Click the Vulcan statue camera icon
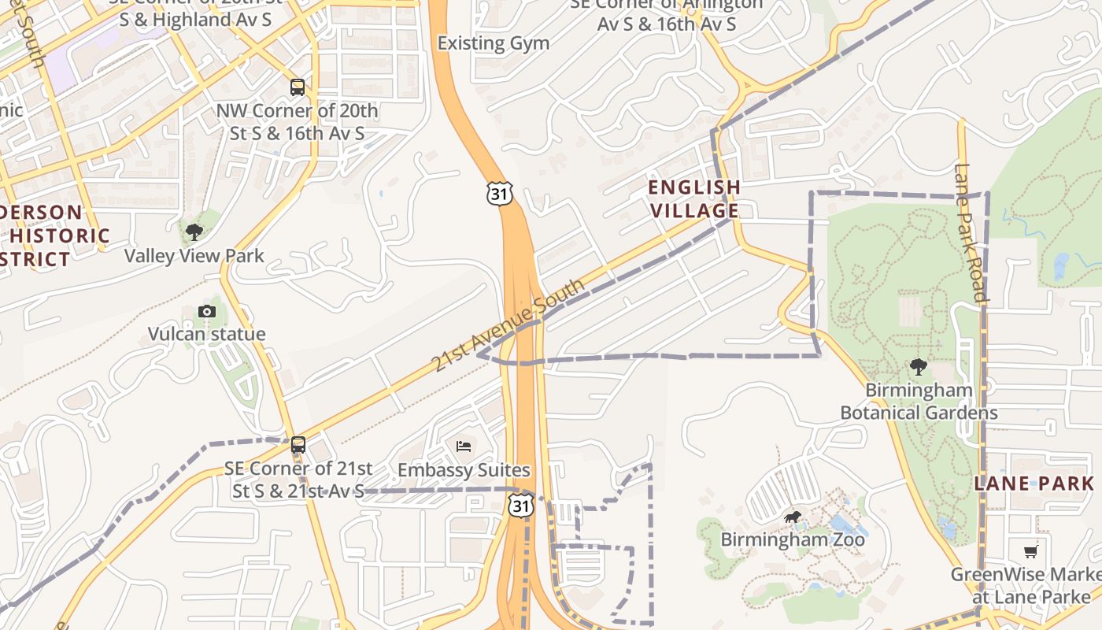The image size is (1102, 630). pyautogui.click(x=207, y=311)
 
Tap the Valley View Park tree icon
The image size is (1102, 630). pyautogui.click(x=194, y=232)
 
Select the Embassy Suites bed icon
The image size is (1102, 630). pyautogui.click(x=464, y=447)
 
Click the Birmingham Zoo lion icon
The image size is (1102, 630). pyautogui.click(x=793, y=517)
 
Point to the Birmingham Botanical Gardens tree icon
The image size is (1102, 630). pyautogui.click(x=918, y=366)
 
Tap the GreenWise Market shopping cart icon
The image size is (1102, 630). pyautogui.click(x=1031, y=550)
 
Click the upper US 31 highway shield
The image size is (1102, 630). pyautogui.click(x=499, y=192)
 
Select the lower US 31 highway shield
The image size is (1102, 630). pyautogui.click(x=520, y=505)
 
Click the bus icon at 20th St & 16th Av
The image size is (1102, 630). pyautogui.click(x=298, y=87)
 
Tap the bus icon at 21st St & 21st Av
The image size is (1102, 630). pyautogui.click(x=298, y=444)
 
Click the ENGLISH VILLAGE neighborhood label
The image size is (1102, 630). pyautogui.click(x=693, y=198)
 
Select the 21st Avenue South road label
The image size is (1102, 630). pyautogui.click(x=508, y=324)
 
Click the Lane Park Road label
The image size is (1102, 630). pyautogui.click(x=970, y=232)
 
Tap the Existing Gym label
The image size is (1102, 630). pyautogui.click(x=494, y=43)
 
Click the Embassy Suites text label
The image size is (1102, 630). pyautogui.click(x=464, y=470)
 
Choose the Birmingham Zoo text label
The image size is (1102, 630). pyautogui.click(x=793, y=539)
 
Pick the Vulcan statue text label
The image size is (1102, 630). pyautogui.click(x=207, y=334)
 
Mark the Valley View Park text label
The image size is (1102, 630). pyautogui.click(x=194, y=256)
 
